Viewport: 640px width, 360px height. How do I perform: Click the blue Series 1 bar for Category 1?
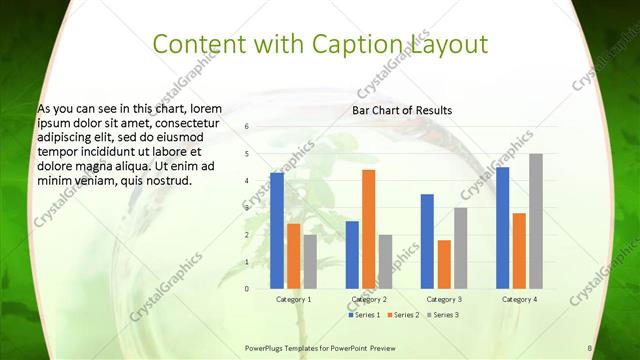pyautogui.click(x=277, y=230)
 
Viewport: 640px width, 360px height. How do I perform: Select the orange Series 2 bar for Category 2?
pyautogui.click(x=368, y=229)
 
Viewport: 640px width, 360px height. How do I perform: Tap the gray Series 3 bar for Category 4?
pyautogui.click(x=535, y=221)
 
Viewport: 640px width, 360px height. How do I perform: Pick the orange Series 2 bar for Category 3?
pyautogui.click(x=444, y=264)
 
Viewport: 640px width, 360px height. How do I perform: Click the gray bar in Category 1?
pyautogui.click(x=310, y=261)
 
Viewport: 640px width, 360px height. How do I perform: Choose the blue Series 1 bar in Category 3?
pyautogui.click(x=427, y=241)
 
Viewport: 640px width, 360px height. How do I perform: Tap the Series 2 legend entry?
pyautogui.click(x=402, y=315)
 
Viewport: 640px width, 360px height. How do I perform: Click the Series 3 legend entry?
pyautogui.click(x=440, y=315)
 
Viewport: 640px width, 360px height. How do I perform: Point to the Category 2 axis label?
pyautogui.click(x=368, y=299)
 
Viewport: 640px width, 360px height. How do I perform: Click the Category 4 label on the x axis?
pyautogui.click(x=519, y=299)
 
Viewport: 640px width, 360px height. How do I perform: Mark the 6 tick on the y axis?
pyautogui.click(x=246, y=127)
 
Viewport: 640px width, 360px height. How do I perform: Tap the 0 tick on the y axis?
pyautogui.click(x=246, y=289)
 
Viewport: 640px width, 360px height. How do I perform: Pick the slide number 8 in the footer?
pyautogui.click(x=590, y=347)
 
